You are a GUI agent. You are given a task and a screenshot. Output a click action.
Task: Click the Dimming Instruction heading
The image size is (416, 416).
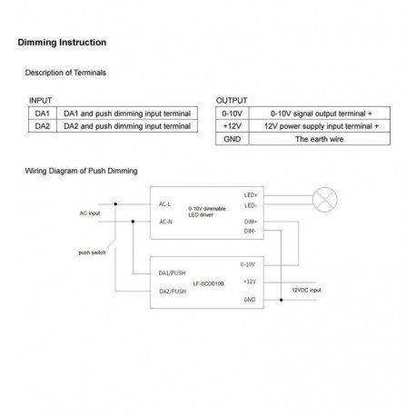pyautogui.click(x=62, y=43)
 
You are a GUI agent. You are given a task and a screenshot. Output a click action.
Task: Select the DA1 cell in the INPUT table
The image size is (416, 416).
pyautogui.click(x=43, y=114)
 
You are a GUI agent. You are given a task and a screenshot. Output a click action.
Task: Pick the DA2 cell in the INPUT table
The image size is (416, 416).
pyautogui.click(x=43, y=126)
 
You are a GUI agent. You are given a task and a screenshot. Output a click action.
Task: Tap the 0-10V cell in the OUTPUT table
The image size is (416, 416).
pyautogui.click(x=233, y=114)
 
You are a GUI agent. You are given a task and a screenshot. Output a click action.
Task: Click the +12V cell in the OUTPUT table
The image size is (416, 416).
pyautogui.click(x=233, y=126)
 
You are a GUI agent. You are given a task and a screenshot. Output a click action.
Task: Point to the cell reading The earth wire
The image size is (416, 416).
pyautogui.click(x=320, y=139)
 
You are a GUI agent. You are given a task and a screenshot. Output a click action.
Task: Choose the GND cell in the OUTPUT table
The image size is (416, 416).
pyautogui.click(x=233, y=139)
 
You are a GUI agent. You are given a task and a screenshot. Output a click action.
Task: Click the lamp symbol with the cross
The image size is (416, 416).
pyautogui.click(x=325, y=200)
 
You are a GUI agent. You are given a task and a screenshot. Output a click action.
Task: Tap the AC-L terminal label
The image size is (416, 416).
pyautogui.click(x=164, y=204)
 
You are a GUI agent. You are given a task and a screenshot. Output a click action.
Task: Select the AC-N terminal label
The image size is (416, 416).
pyautogui.click(x=165, y=222)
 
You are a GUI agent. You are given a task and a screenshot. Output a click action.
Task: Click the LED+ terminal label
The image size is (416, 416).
pyautogui.click(x=251, y=195)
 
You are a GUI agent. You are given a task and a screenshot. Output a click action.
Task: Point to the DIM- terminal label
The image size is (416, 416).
pyautogui.click(x=250, y=231)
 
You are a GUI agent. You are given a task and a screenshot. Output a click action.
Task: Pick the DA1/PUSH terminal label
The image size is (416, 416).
pyautogui.click(x=172, y=273)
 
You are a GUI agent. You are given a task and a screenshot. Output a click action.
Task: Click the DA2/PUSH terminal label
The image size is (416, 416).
pyautogui.click(x=173, y=292)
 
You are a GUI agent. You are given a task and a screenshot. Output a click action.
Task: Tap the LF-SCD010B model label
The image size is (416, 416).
pyautogui.click(x=209, y=283)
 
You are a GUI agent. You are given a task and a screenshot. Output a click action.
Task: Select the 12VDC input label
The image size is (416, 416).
pyautogui.click(x=306, y=290)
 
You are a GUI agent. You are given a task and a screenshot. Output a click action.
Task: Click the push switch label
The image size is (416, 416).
pyautogui.click(x=92, y=253)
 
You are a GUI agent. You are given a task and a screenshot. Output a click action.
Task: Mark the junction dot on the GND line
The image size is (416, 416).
pyautogui.click(x=282, y=300)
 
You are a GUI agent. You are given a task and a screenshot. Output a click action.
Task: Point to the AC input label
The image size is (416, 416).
pyautogui.click(x=90, y=213)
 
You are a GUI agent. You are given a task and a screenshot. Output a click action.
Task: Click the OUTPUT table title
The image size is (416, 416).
pyautogui.click(x=232, y=101)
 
